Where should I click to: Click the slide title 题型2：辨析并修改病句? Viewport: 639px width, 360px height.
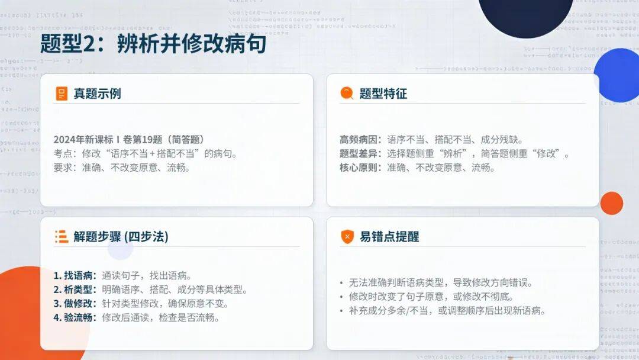(153, 44)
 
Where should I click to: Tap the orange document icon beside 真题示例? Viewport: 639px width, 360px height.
(62, 94)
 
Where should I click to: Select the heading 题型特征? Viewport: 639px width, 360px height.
(383, 94)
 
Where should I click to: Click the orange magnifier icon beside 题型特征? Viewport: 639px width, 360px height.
(347, 94)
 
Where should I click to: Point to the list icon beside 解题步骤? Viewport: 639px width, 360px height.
(62, 236)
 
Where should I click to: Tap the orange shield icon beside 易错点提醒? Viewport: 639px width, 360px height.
(347, 236)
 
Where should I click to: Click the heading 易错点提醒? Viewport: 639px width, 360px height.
(389, 236)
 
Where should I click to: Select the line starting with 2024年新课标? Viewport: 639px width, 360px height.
(129, 139)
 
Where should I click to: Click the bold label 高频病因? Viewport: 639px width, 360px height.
(358, 139)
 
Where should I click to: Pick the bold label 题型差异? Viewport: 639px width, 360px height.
(358, 154)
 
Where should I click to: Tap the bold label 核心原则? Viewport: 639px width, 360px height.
(358, 168)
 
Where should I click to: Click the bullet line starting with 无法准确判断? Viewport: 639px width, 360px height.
(436, 282)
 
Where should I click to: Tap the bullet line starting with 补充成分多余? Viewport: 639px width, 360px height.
(443, 311)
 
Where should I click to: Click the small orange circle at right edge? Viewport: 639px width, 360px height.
(611, 203)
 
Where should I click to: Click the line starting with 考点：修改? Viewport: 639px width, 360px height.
(146, 154)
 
